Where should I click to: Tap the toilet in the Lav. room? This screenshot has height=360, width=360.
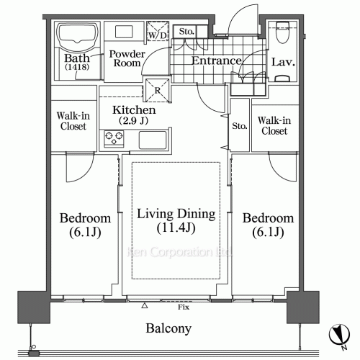point(280,36)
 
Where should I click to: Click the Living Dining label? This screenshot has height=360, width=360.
point(176,214)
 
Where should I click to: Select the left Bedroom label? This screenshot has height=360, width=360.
point(85,218)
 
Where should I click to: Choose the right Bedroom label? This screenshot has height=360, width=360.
point(268,218)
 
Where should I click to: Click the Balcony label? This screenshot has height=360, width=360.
point(169,329)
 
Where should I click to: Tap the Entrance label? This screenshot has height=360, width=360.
point(216,61)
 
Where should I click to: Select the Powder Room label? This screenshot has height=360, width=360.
point(126,58)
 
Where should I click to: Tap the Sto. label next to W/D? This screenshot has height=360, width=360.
point(186,31)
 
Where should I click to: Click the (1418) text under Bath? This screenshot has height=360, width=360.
point(74,68)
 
